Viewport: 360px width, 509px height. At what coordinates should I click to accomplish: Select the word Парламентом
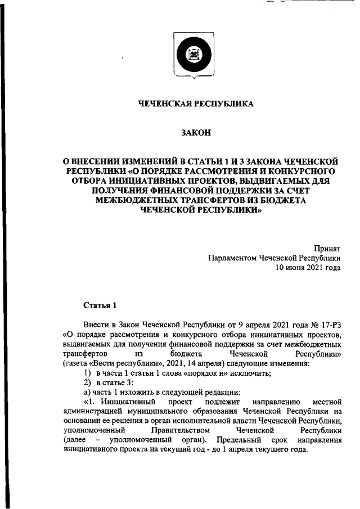pos(232,258)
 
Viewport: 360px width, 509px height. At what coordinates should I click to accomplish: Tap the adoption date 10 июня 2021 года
pos(308,268)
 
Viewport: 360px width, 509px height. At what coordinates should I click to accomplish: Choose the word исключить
pos(253,373)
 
